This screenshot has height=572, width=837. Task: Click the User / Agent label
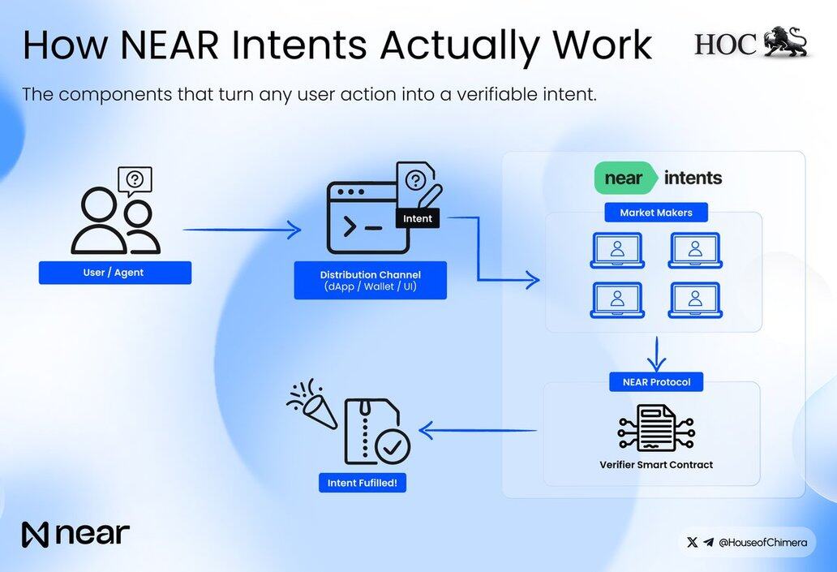[115, 273]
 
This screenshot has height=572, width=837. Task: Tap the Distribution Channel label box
[371, 281]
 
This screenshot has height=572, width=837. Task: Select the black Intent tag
[418, 218]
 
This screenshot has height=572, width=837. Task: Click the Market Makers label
[656, 213]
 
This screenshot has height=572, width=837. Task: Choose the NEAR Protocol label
[656, 382]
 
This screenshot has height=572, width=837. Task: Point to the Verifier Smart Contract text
[656, 465]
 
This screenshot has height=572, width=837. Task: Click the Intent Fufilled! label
[363, 483]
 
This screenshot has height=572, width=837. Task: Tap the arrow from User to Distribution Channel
[242, 230]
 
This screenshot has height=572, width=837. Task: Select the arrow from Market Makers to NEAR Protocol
[656, 354]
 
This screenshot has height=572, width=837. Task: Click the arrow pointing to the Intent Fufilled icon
[478, 430]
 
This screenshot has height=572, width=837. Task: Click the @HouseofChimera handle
[763, 543]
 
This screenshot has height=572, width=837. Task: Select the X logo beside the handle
[693, 543]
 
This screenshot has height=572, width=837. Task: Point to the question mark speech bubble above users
[135, 180]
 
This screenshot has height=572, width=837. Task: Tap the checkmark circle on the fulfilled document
[393, 446]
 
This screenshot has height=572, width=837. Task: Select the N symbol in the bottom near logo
[35, 535]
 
